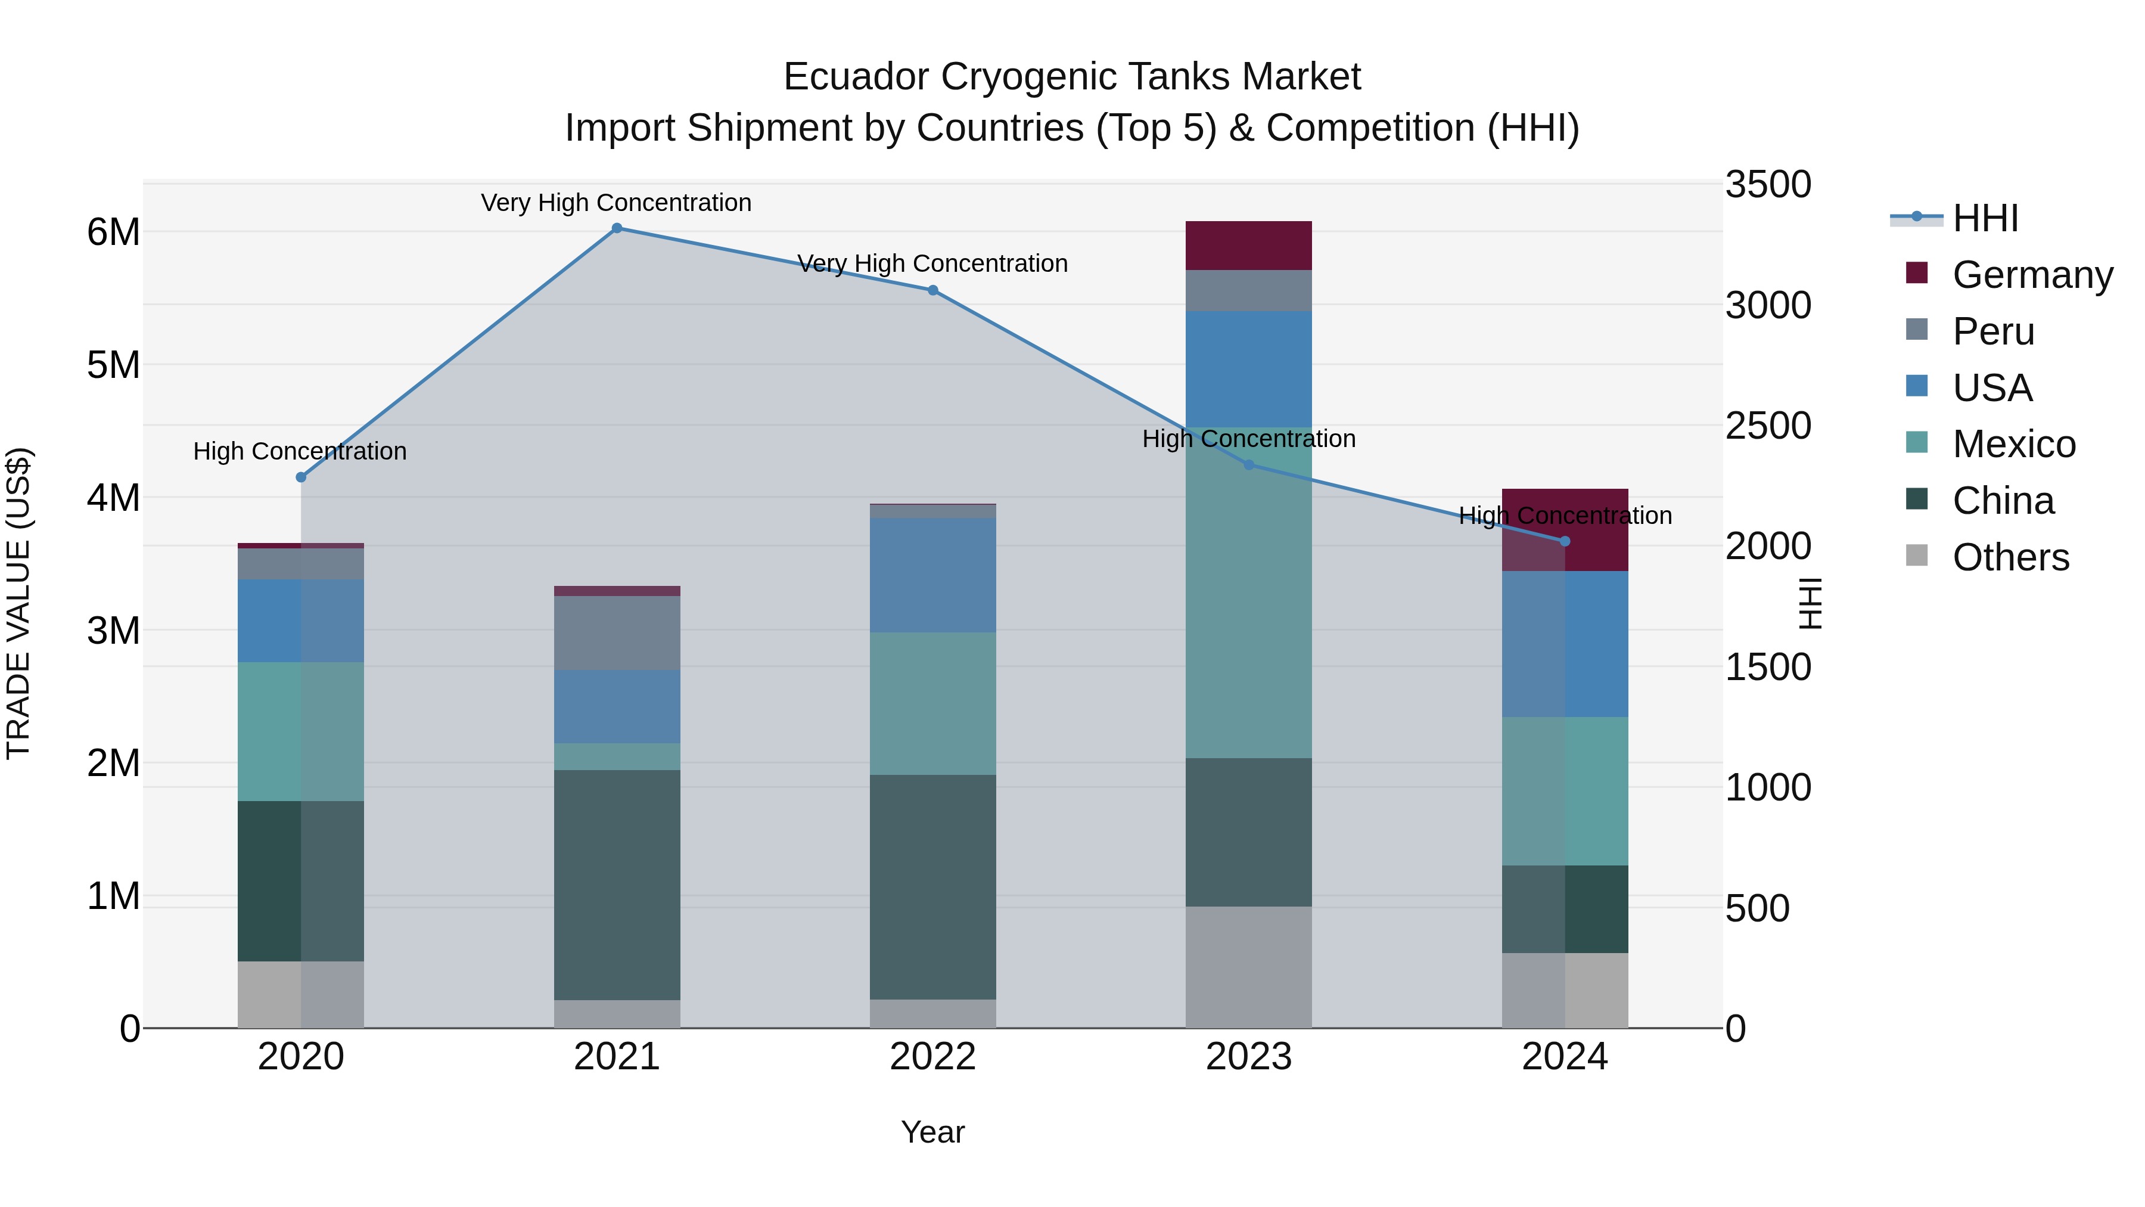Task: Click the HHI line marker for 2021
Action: tap(617, 228)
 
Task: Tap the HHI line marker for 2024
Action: tap(1565, 541)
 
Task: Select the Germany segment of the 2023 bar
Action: tap(1248, 246)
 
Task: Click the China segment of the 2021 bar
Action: tap(617, 885)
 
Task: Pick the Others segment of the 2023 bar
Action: tap(1248, 967)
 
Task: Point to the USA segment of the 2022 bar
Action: tap(932, 576)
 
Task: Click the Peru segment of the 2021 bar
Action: tap(617, 633)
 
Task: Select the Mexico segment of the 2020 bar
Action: tap(301, 731)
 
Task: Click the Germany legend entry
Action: tap(2032, 275)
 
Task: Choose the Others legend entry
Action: tap(2010, 557)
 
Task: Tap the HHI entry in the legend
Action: tap(1985, 218)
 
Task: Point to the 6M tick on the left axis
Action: tap(113, 232)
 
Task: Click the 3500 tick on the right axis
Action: tap(1767, 184)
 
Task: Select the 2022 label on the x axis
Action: tap(932, 1057)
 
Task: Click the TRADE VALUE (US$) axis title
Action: tap(18, 603)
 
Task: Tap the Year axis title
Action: tap(932, 1132)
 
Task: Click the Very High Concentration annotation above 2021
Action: tap(616, 203)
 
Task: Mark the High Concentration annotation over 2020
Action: tap(300, 451)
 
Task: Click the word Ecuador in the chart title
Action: tap(856, 77)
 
